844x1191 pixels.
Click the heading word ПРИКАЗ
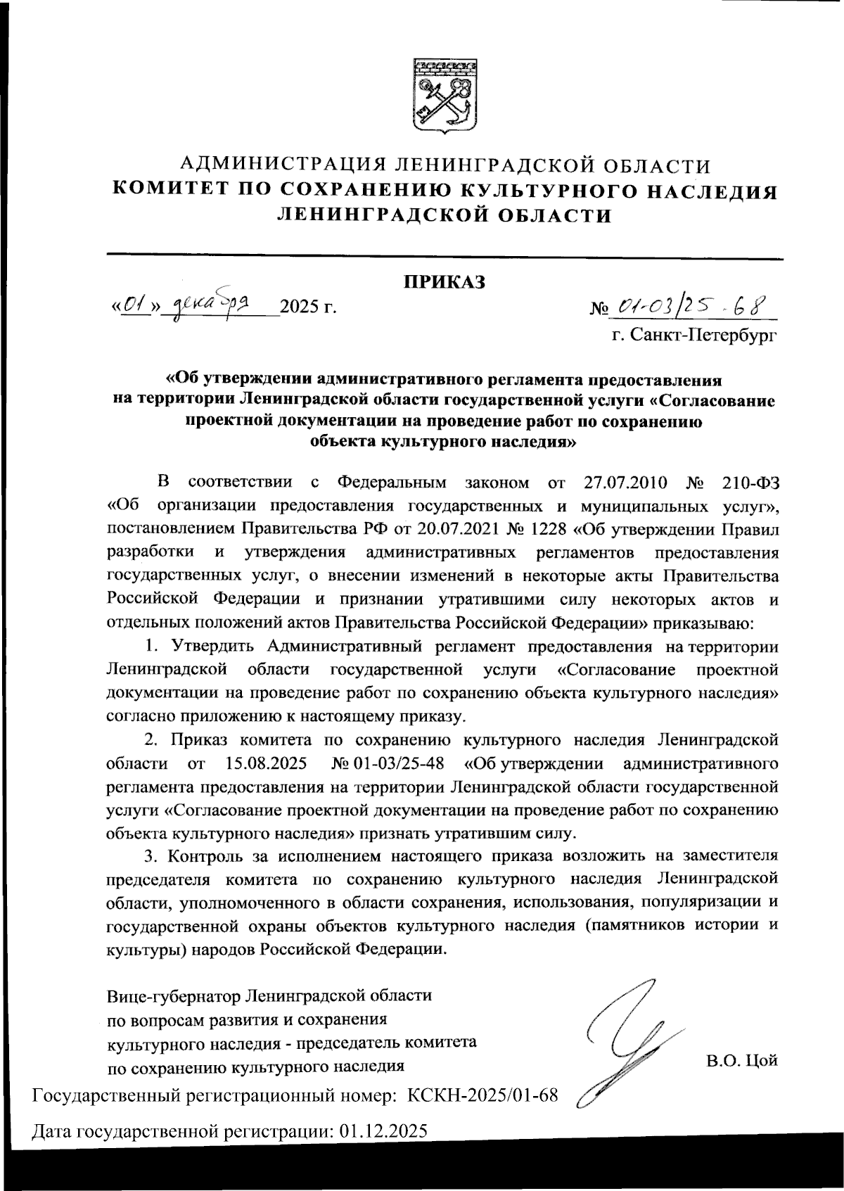point(445,282)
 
